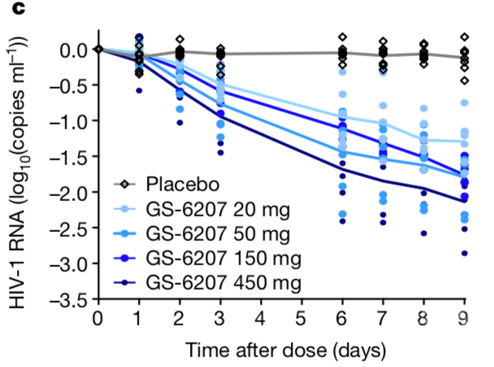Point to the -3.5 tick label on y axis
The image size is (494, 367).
click(69, 300)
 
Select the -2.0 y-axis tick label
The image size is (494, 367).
click(69, 193)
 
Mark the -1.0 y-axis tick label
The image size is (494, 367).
click(69, 121)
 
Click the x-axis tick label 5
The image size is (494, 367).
click(301, 318)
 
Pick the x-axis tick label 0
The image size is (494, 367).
click(98, 318)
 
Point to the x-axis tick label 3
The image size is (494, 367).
click(220, 318)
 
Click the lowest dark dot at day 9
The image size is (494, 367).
click(465, 253)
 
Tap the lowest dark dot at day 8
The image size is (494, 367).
click(423, 234)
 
